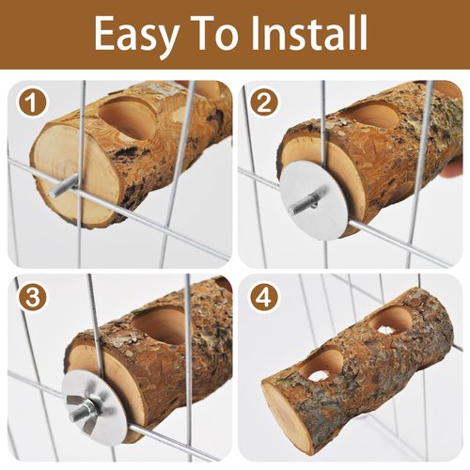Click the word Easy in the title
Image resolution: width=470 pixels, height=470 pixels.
(137, 35)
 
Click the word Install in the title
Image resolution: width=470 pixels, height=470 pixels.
(309, 33)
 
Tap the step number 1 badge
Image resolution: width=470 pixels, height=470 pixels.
(32, 102)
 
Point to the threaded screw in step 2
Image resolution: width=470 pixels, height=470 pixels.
(307, 201)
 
